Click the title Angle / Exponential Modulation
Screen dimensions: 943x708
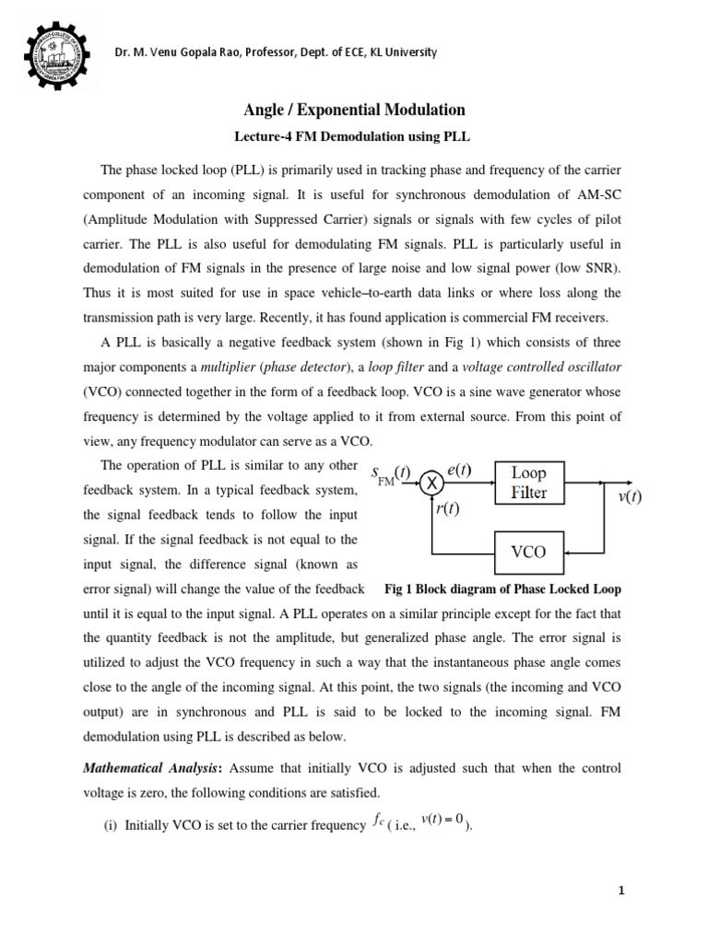[354, 110]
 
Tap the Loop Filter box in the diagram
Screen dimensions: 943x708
[528, 482]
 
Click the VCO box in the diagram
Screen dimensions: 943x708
[528, 553]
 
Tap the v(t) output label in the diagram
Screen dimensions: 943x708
[630, 496]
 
